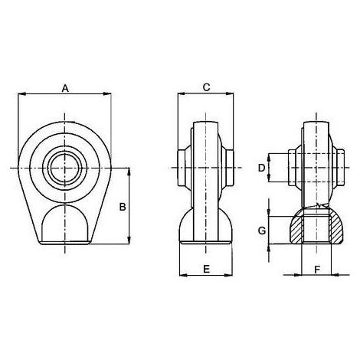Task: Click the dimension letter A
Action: pos(65,89)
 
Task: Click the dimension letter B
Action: pos(123,207)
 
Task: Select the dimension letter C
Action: pos(206,87)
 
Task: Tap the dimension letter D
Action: pos(261,168)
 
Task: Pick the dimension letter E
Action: pos(206,269)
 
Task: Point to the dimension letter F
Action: pos(317,270)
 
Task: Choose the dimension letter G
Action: pos(262,231)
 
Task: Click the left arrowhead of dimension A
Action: pos(22,94)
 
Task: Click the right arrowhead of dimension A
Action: pos(107,94)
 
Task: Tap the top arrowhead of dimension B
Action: pos(129,172)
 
